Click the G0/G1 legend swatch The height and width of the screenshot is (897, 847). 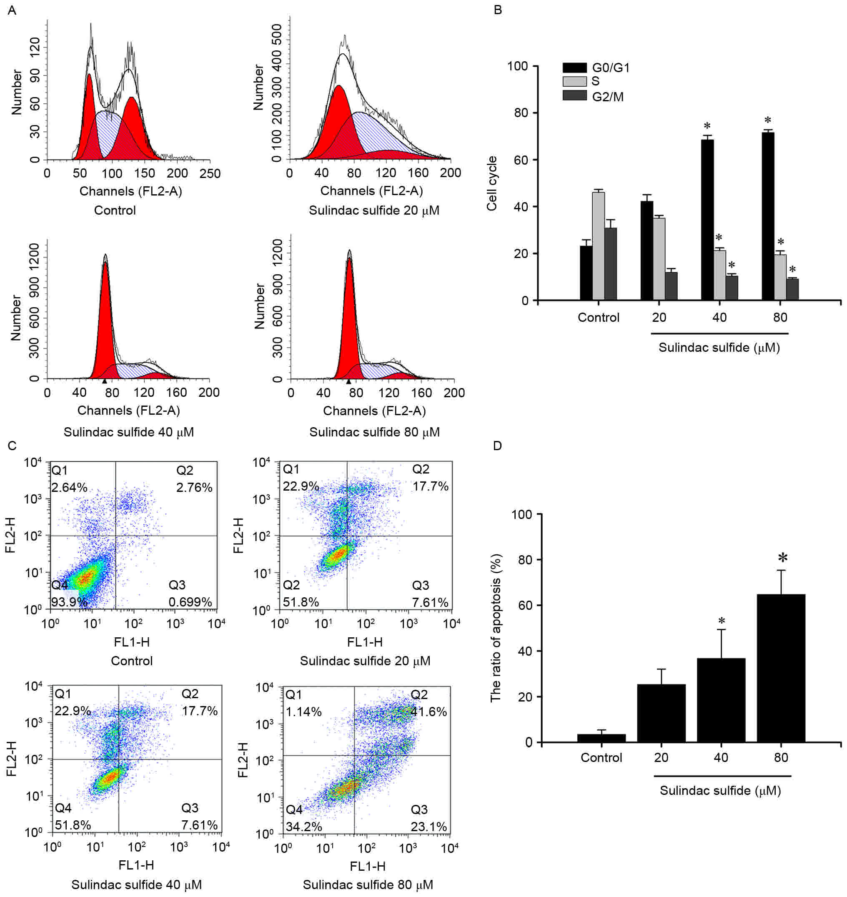click(574, 68)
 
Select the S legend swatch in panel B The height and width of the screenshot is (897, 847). click(574, 81)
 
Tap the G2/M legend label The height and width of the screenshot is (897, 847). click(608, 97)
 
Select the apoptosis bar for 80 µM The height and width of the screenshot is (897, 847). click(781, 668)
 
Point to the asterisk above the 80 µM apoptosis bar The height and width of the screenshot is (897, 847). click(782, 559)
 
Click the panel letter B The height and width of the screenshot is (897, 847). click(498, 10)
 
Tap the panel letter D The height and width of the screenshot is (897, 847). click(498, 446)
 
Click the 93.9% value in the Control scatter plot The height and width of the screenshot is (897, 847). click(69, 602)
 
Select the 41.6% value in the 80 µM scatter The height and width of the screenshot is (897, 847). click(429, 712)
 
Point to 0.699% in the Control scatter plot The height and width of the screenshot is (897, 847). click(190, 602)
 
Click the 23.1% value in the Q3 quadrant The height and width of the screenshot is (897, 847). click(429, 827)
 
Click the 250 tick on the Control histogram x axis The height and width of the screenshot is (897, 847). click(210, 173)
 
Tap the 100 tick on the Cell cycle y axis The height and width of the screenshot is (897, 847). click(517, 66)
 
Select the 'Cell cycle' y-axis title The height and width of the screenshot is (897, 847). click(492, 183)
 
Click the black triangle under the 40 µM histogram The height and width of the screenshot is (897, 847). click(105, 381)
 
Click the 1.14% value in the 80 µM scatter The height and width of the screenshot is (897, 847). click(303, 712)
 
